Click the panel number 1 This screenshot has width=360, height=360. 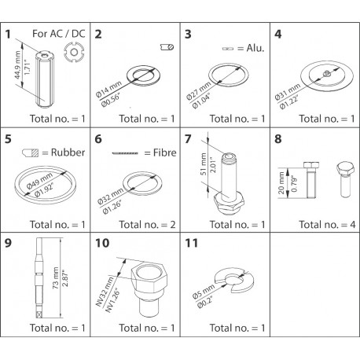click(x=10, y=35)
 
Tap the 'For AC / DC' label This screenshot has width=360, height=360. click(x=59, y=35)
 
